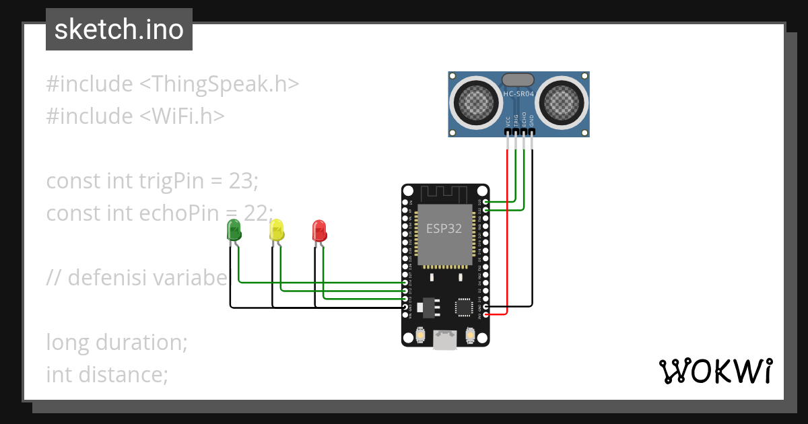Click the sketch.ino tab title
pos(119,30)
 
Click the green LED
pos(234,230)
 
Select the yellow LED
pos(276,230)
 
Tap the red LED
pos(319,230)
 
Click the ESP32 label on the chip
pos(444,228)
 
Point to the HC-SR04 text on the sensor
pos(518,94)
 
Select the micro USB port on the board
pos(444,340)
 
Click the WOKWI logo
pos(714,371)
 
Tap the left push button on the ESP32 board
pos(419,334)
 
